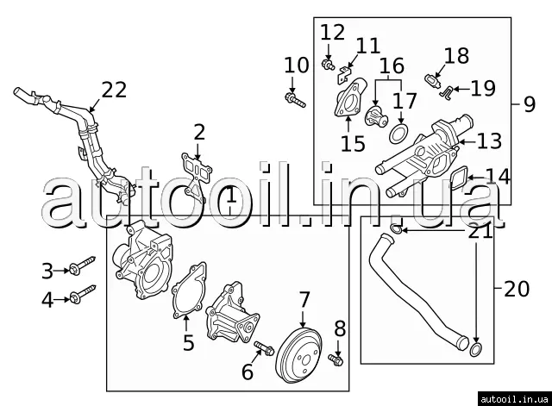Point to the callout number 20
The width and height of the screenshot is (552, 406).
point(517,289)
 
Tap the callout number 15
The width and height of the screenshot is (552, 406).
point(352,142)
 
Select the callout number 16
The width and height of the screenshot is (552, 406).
point(392,66)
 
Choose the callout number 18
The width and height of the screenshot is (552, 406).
point(456,56)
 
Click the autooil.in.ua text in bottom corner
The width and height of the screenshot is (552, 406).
point(516,398)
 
